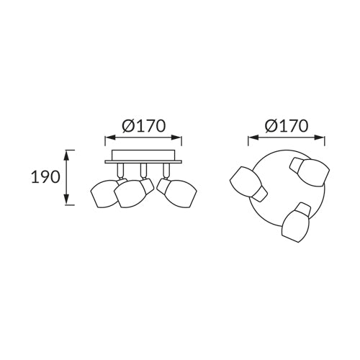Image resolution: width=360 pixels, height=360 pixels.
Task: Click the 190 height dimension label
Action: [x=45, y=177]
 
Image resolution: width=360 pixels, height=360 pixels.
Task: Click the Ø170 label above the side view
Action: [x=143, y=126]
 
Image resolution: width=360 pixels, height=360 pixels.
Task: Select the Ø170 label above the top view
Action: [x=287, y=126]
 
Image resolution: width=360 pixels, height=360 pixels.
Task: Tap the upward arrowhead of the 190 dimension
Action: [x=66, y=156]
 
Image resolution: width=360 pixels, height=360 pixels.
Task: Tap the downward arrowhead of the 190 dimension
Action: [x=66, y=199]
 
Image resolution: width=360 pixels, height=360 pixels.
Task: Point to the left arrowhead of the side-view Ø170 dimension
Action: [x=110, y=138]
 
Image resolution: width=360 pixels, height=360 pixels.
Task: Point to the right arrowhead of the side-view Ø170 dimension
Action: [x=176, y=138]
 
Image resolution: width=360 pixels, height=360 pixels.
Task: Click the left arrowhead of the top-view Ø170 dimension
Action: [x=253, y=138]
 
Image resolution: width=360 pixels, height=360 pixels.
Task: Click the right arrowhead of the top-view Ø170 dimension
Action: [x=320, y=138]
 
